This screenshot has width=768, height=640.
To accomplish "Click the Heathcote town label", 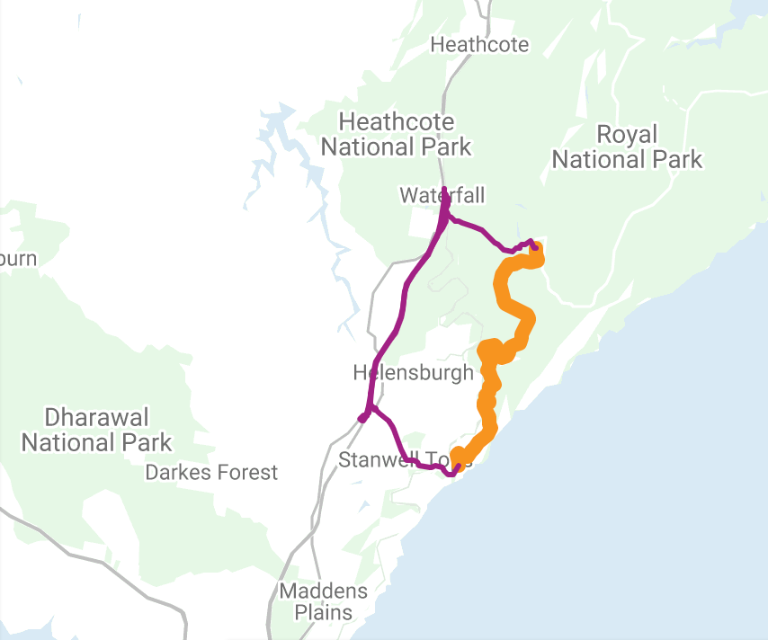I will pos(479,44).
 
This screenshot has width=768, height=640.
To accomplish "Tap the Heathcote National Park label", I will pos(397,134).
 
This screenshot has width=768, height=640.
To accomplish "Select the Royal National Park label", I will pos(627,147).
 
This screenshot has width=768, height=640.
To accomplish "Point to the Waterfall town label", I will pos(430,195).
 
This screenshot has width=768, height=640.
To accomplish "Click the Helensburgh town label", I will pos(413,372).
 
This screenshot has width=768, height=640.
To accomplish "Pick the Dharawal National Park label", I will pos(96,430).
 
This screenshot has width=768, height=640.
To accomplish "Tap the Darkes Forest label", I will pos(211,472).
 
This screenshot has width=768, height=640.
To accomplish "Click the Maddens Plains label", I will pos(324,602).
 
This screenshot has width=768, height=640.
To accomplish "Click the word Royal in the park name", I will pos(627,135).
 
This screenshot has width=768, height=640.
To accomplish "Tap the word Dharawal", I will pos(96,417).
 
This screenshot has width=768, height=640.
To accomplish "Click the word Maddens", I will pos(324,591).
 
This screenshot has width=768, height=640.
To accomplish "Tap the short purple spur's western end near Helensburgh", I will pos(362,418).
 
